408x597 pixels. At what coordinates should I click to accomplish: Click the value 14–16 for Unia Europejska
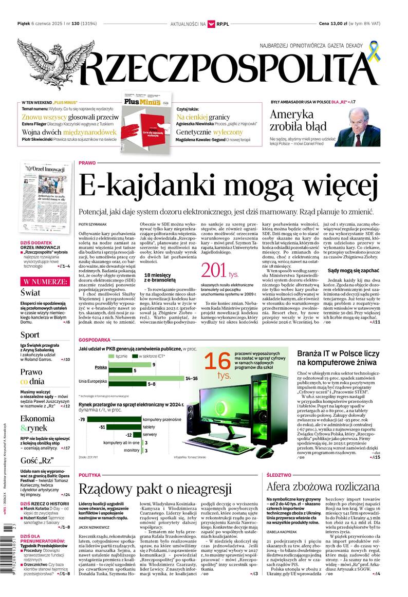pyautogui.click(x=191, y=378)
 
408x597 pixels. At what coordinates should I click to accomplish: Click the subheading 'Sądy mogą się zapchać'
pyautogui.click(x=353, y=269)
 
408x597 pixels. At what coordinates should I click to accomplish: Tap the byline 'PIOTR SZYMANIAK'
pyautogui.click(x=92, y=225)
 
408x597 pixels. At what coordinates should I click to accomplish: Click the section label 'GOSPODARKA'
pyautogui.click(x=95, y=341)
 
